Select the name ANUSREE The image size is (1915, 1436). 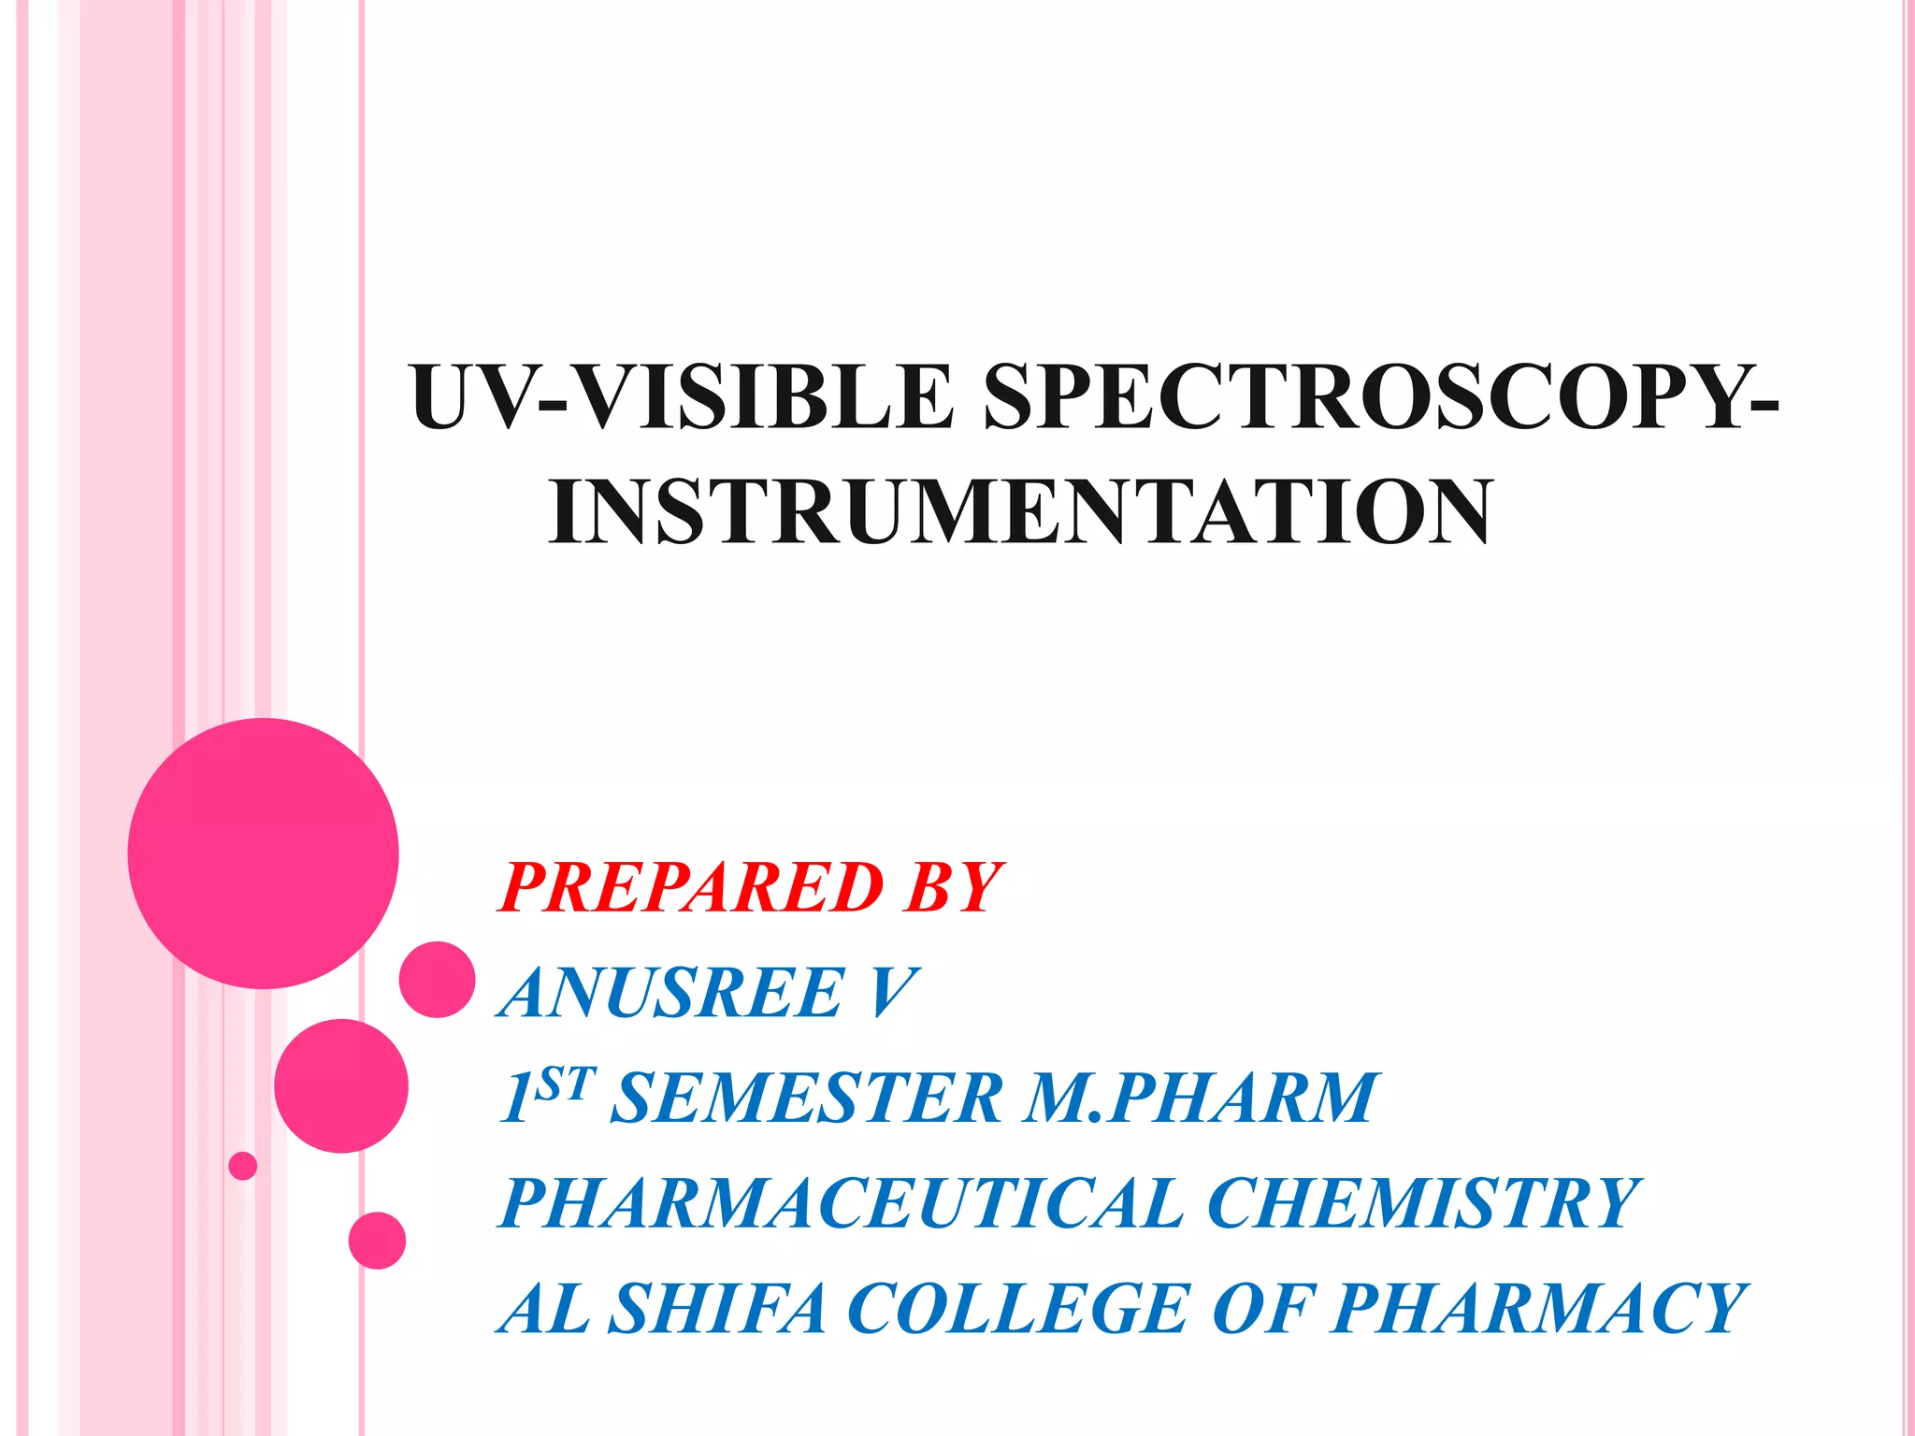672,992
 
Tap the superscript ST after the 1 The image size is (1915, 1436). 566,1084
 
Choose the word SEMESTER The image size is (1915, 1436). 806,1098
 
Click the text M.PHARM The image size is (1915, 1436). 1200,1098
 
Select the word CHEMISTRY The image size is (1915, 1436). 1423,1203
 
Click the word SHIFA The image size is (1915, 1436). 717,1308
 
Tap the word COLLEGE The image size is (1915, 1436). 1017,1308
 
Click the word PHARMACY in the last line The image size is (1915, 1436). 1539,1308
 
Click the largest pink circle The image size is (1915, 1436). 264,853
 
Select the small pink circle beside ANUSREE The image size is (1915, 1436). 437,979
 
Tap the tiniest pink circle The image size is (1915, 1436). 243,1166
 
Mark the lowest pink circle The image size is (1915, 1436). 377,1241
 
